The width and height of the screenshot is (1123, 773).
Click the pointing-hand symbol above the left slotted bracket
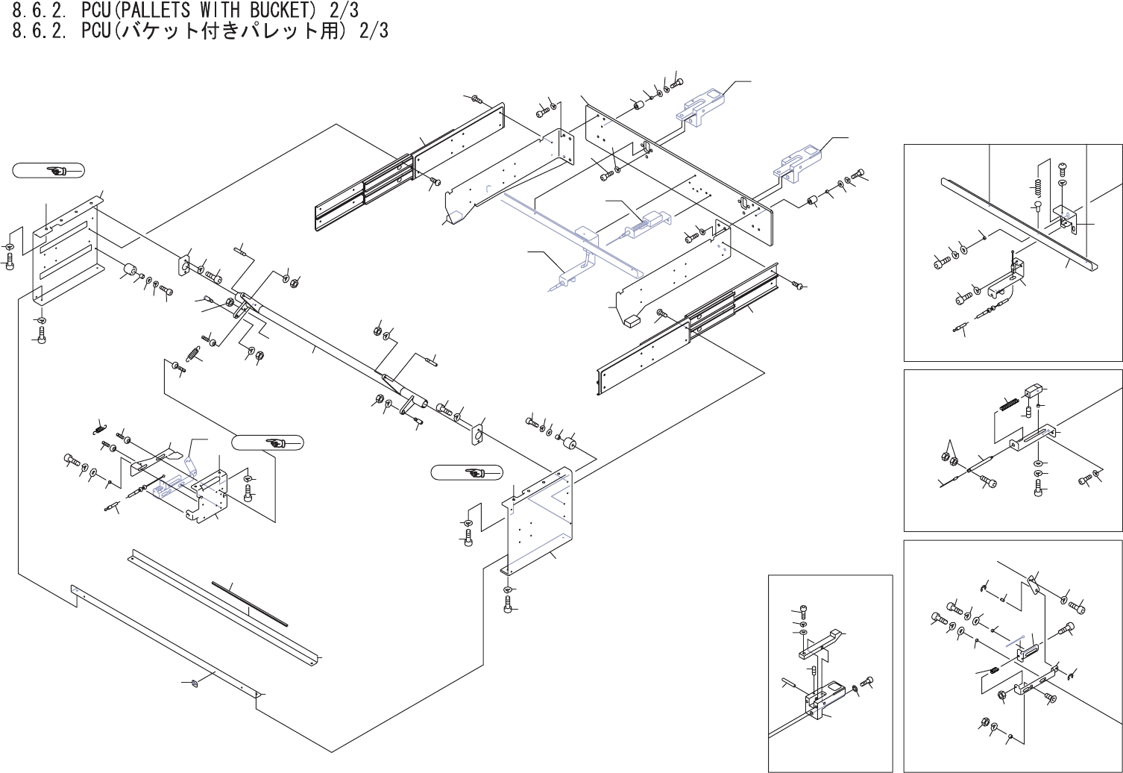point(57,171)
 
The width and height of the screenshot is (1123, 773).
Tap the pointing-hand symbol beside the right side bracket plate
point(474,473)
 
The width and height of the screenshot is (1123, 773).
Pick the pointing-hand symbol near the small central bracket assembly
point(275,443)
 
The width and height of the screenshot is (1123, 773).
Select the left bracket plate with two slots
point(67,246)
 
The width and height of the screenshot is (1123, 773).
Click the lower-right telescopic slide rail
point(686,328)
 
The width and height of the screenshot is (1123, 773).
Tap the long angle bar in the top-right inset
point(1014,224)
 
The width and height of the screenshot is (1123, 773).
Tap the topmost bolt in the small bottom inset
point(802,610)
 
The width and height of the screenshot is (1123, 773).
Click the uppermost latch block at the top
point(701,107)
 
